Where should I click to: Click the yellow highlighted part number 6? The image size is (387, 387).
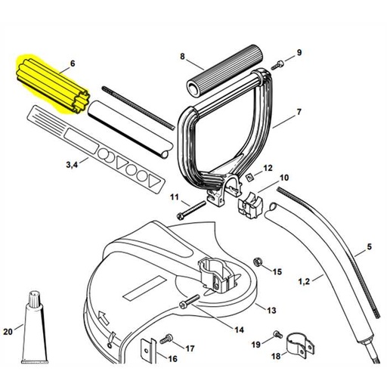tap(49, 83)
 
